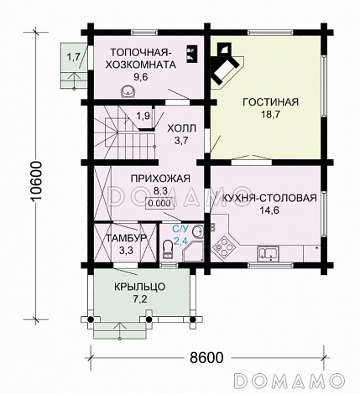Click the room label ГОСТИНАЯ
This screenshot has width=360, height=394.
point(270,102)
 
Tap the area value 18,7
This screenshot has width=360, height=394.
point(270,117)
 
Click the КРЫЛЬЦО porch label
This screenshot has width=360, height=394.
point(140,286)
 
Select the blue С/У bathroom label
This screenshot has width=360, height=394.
point(180,228)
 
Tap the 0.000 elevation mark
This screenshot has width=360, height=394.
point(156,203)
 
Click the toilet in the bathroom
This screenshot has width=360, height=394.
point(169,245)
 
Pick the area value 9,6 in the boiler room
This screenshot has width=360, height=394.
point(140,76)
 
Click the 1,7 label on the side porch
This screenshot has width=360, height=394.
point(73,57)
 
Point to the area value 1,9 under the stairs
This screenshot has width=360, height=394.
point(143,115)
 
